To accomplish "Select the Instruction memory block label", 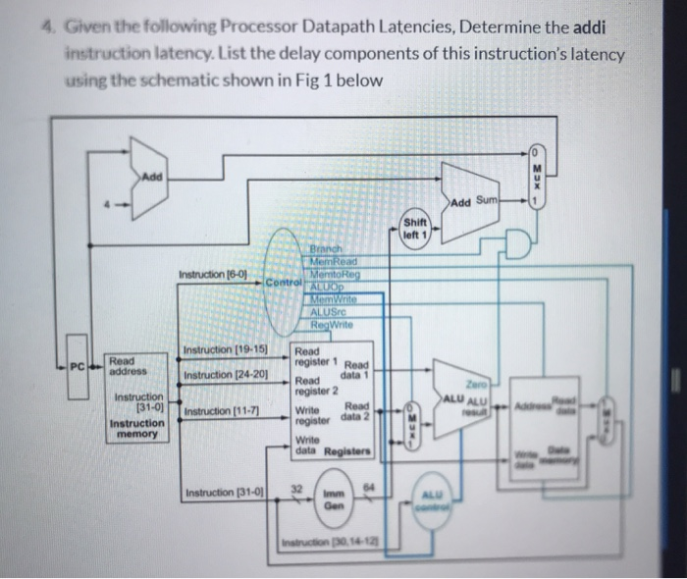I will coord(136,428).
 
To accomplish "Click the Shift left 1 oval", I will coord(415,229).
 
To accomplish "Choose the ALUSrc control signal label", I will coord(328,312).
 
